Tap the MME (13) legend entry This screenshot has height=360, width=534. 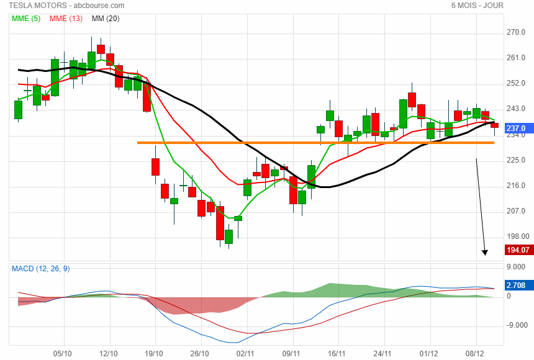click(x=66, y=18)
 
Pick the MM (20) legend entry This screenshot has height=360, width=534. click(x=105, y=18)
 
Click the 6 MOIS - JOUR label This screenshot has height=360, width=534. click(x=477, y=6)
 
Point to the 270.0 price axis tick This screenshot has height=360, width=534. click(x=516, y=32)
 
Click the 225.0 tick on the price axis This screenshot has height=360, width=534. click(x=516, y=160)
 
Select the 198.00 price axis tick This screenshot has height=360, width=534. click(x=517, y=236)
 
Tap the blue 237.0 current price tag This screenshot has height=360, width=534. click(x=516, y=128)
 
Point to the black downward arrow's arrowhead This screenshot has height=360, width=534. click(x=485, y=253)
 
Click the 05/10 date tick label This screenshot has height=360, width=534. click(x=63, y=353)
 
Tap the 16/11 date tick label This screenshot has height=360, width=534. click(x=337, y=353)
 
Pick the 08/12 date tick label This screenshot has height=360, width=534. click(x=475, y=353)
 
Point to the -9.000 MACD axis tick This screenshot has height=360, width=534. click(x=517, y=325)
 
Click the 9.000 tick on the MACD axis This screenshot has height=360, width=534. click(x=516, y=268)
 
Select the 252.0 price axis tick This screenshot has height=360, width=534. click(x=516, y=83)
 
